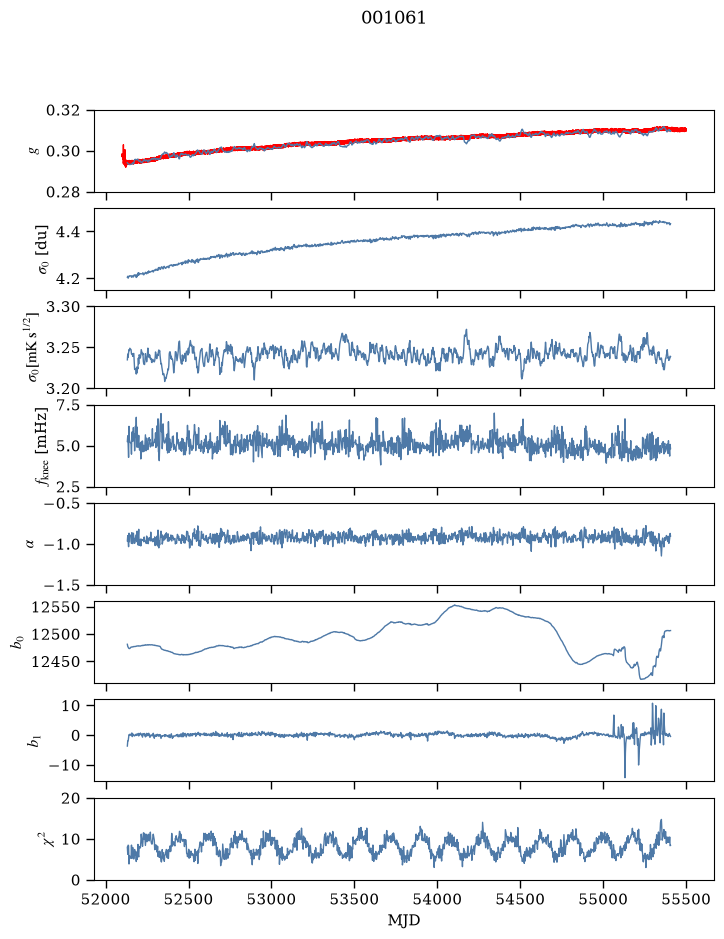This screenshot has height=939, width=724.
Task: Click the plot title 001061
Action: [393, 18]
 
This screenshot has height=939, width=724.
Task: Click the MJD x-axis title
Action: [404, 919]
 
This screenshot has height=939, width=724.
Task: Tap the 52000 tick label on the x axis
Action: [107, 899]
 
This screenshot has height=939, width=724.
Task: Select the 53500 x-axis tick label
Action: [355, 899]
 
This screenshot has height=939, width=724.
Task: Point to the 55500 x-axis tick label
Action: [686, 899]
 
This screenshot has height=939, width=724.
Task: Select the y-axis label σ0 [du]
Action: [44, 249]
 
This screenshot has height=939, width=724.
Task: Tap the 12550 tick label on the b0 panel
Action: [56, 607]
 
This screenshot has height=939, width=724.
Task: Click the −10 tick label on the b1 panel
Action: [64, 765]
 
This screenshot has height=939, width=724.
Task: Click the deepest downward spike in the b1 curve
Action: [625, 777]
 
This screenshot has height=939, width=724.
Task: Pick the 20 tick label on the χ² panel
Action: [71, 798]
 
